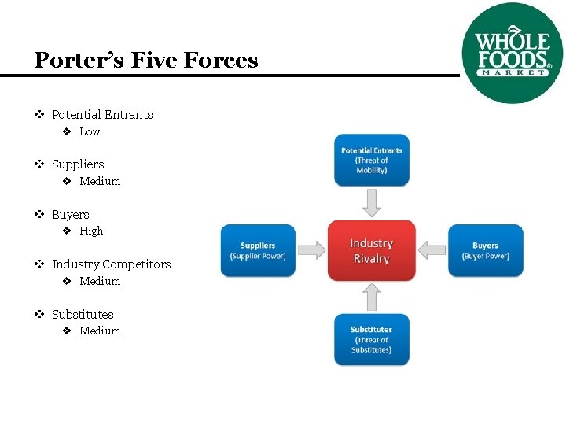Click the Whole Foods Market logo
[513, 53]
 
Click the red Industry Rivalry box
[371, 250]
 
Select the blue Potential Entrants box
[372, 160]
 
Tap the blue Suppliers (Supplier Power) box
[258, 250]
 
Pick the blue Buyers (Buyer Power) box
[486, 250]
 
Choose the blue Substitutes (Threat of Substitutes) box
[372, 339]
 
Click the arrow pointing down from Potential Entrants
[372, 203]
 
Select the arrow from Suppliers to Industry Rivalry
[311, 250]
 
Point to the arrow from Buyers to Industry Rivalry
[432, 250]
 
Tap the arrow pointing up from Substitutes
[372, 297]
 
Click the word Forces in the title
[221, 60]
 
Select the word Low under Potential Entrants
[90, 131]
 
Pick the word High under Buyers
[91, 231]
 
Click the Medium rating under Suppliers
[100, 181]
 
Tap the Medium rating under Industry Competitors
[100, 281]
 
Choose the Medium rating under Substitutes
[100, 331]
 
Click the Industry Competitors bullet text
[112, 264]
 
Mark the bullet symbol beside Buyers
[39, 214]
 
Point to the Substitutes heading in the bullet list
[83, 314]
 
